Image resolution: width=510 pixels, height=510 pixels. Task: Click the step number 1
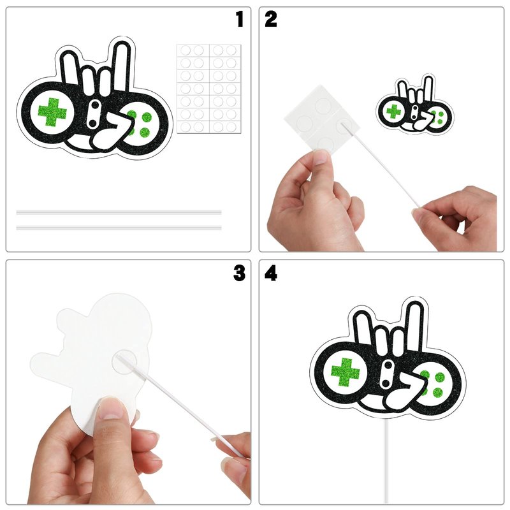pyautogui.click(x=240, y=19)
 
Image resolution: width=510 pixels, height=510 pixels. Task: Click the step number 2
pyautogui.click(x=270, y=19)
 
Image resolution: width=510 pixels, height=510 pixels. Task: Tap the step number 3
pyautogui.click(x=240, y=273)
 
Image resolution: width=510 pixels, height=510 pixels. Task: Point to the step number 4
pyautogui.click(x=271, y=273)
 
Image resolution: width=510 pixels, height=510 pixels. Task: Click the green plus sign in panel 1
pyautogui.click(x=52, y=112)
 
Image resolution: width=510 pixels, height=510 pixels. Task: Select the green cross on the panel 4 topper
pyautogui.click(x=346, y=372)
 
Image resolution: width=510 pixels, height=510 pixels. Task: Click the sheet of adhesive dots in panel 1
pyautogui.click(x=209, y=89)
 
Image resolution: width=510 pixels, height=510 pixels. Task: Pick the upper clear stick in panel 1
pyautogui.click(x=119, y=212)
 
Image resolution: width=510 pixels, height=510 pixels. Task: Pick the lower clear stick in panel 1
pyautogui.click(x=119, y=228)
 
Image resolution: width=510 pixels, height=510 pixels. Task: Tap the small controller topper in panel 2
pyautogui.click(x=415, y=105)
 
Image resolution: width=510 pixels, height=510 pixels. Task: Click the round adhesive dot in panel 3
pyautogui.click(x=124, y=361)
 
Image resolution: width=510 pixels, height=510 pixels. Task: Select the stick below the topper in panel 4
pyautogui.click(x=386, y=461)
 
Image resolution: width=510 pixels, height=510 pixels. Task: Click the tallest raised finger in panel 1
pyautogui.click(x=122, y=66)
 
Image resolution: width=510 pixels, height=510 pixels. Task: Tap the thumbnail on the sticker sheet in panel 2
pyautogui.click(x=321, y=157)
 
